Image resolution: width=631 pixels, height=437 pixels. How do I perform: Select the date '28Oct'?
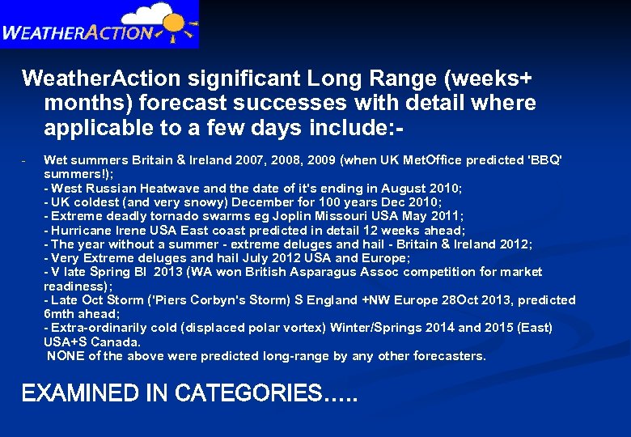459,300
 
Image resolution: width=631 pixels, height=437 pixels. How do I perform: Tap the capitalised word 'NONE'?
64,355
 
